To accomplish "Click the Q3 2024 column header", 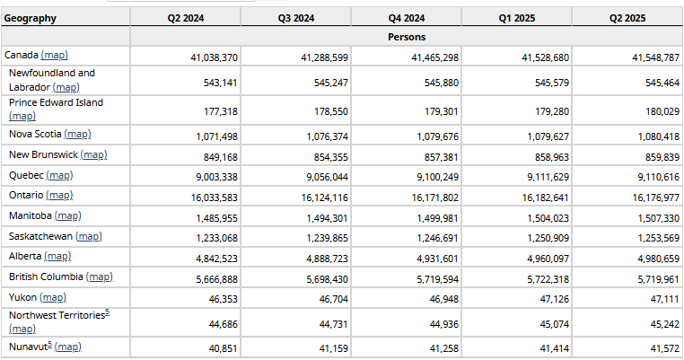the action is [x=295, y=18].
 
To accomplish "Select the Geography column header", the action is [x=31, y=18].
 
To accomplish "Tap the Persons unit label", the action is [x=407, y=37].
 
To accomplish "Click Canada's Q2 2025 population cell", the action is [x=655, y=57].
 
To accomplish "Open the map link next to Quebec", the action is [x=60, y=175].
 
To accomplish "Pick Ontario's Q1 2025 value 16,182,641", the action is [x=545, y=198].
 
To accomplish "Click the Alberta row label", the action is [x=25, y=256].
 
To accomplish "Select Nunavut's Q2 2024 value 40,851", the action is [x=224, y=348].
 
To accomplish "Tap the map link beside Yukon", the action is [x=53, y=297].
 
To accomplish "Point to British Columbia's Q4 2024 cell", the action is [x=437, y=279].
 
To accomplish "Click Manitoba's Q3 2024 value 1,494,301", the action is [x=327, y=218].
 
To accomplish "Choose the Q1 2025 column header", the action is [x=517, y=18].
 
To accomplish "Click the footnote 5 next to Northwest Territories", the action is [x=108, y=312].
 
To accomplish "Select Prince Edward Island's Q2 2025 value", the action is [x=662, y=111].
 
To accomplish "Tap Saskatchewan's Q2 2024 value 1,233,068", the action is [x=217, y=238].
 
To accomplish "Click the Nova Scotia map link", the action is [x=78, y=135].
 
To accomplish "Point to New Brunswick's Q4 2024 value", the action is [x=442, y=156].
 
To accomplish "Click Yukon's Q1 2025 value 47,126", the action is [x=555, y=299].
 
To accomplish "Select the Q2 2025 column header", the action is [x=627, y=18].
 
